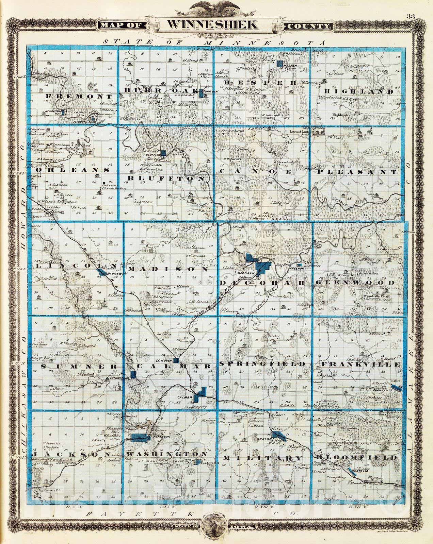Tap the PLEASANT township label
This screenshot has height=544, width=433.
[357, 172]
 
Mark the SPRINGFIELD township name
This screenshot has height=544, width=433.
[262, 364]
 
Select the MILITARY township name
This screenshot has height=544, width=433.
[262, 458]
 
